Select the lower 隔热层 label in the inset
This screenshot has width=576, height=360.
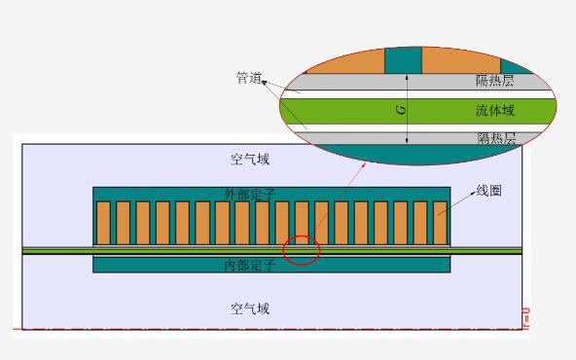[x=495, y=138]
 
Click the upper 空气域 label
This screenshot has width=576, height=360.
[x=250, y=159]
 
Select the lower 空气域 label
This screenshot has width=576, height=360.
[x=250, y=308]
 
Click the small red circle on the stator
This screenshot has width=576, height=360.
[x=301, y=250]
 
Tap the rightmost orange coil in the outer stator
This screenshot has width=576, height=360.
[x=440, y=223]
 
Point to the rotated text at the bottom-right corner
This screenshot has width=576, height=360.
[x=526, y=317]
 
